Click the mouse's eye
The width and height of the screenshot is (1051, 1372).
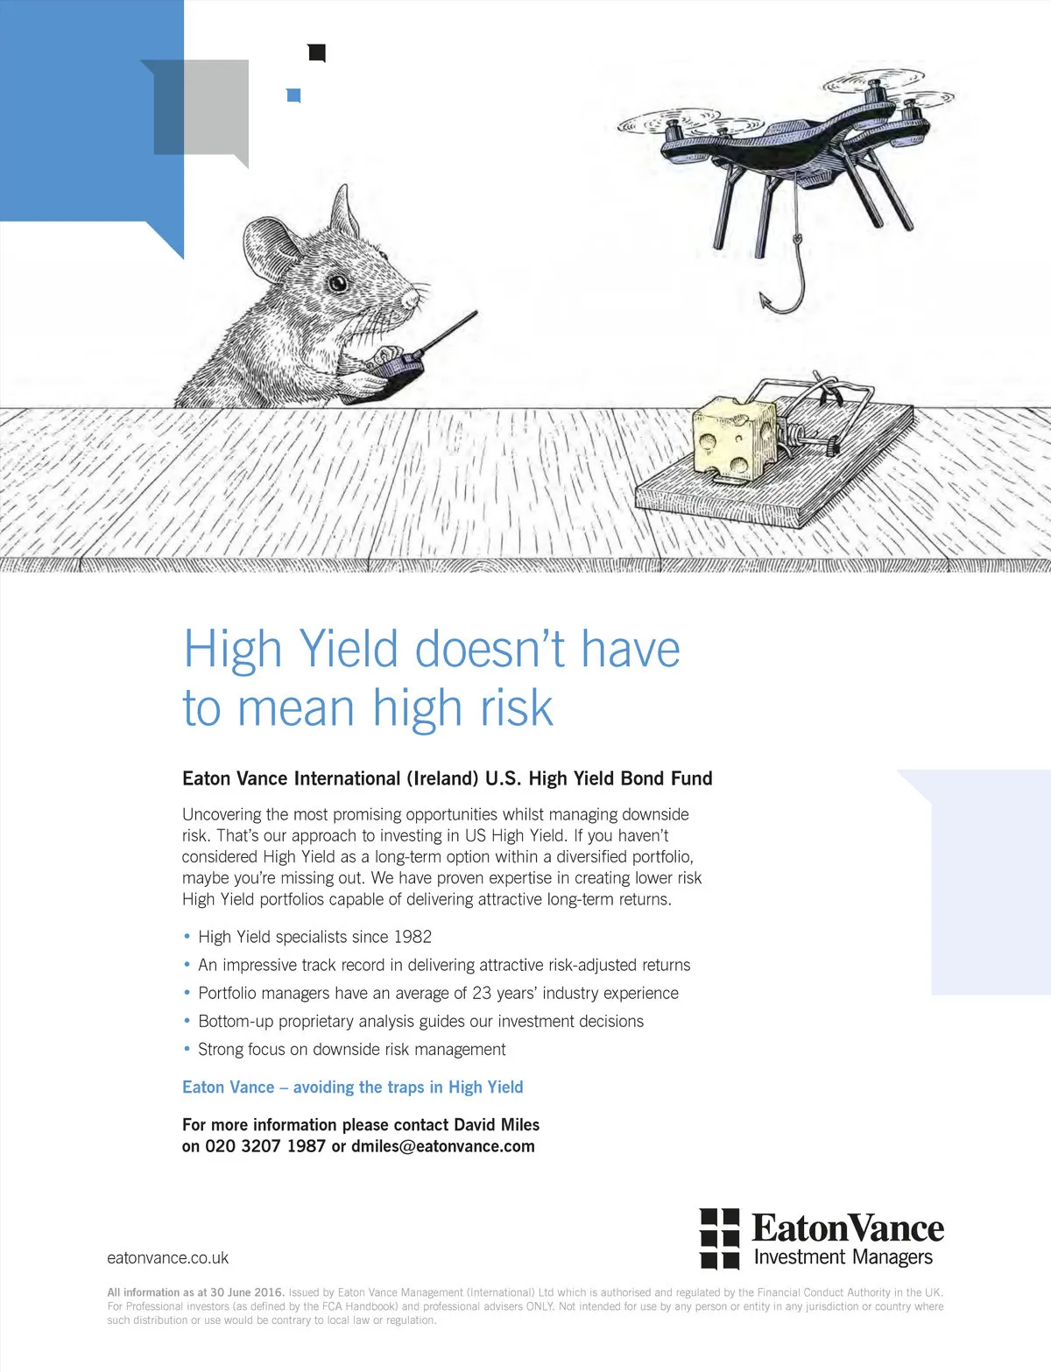337,283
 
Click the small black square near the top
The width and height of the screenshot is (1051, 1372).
316,53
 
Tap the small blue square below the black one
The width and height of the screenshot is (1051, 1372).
293,95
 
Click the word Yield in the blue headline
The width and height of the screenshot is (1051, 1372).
348,650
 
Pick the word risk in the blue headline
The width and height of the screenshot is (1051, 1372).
517,707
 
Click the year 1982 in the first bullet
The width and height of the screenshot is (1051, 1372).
413,936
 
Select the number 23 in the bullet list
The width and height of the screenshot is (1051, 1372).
482,993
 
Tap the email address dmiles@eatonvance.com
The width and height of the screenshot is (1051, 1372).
443,1146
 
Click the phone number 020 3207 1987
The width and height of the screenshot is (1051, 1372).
265,1146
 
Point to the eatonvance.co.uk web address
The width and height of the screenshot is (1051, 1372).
168,1257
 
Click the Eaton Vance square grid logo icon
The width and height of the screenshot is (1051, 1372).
719,1239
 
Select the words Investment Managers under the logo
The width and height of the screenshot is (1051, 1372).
843,1257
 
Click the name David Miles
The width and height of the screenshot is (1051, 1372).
497,1124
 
